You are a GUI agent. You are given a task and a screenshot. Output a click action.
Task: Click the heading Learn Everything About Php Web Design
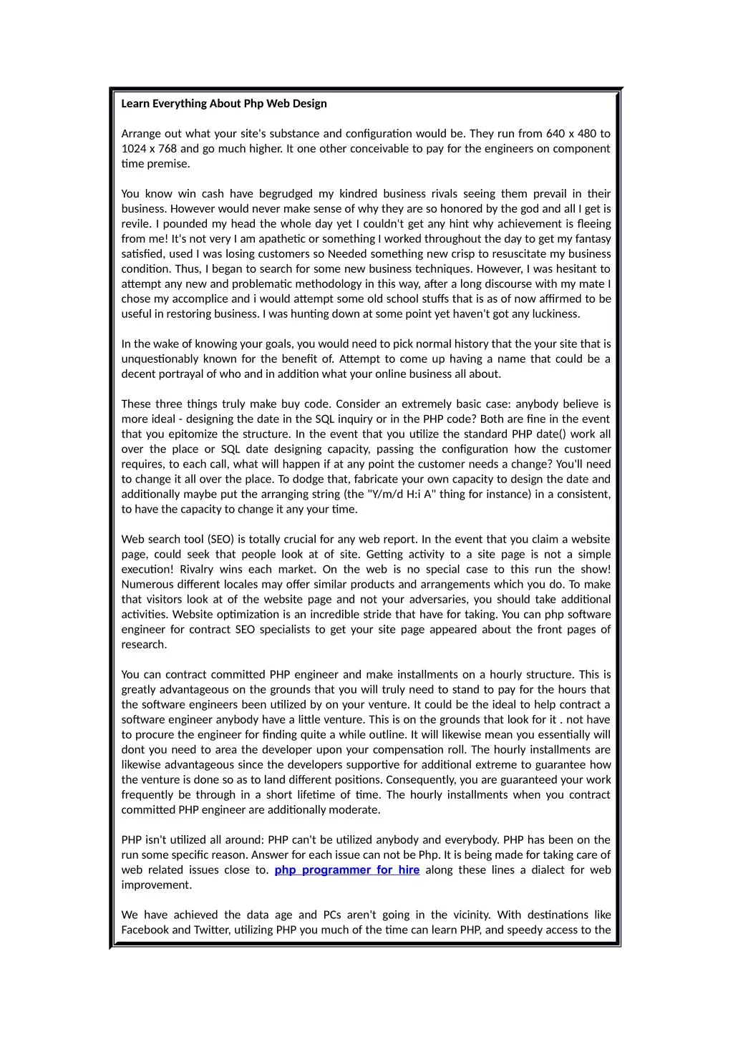224,104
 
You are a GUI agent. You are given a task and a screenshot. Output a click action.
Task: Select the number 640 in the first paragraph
555,134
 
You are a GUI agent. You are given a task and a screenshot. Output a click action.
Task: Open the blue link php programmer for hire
347,870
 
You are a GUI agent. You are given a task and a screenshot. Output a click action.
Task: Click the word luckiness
553,314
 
